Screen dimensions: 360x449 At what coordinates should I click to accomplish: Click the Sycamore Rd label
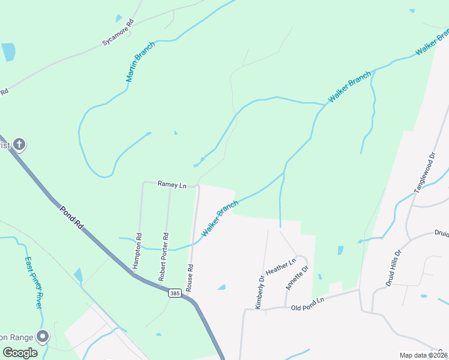click(x=117, y=34)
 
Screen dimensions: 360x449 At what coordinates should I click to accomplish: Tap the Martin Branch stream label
click(x=140, y=62)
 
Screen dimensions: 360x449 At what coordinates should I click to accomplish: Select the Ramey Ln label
click(x=172, y=185)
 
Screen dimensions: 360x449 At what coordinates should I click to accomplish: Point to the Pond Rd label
click(x=71, y=218)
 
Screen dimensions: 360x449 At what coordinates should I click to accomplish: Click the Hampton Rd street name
click(x=139, y=250)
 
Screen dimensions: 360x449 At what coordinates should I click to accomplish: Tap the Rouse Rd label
click(x=189, y=278)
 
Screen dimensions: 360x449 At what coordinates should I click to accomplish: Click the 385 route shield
click(x=175, y=293)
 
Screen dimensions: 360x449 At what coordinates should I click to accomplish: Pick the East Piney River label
click(x=34, y=283)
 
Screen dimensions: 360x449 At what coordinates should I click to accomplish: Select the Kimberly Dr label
click(x=259, y=292)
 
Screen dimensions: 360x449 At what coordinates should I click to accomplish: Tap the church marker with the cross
click(x=19, y=145)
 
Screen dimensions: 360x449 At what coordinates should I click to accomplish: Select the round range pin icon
click(x=42, y=337)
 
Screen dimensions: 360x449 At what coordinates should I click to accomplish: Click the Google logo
click(x=20, y=353)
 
